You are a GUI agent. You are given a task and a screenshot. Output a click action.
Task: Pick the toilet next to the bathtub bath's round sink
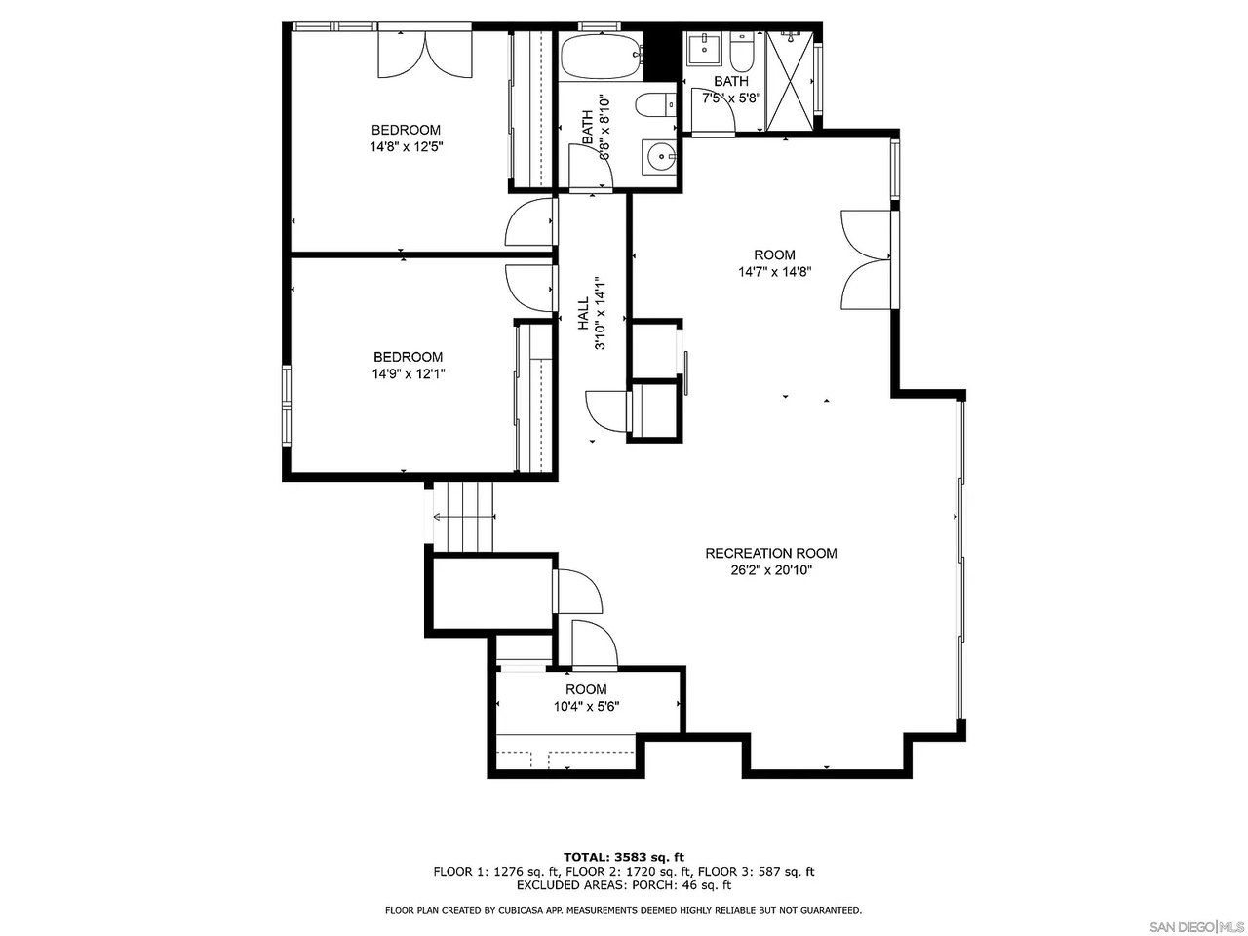click(x=656, y=103)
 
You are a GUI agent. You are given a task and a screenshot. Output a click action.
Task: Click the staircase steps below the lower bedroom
click(x=465, y=517)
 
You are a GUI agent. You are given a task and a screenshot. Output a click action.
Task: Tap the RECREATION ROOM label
click(x=770, y=553)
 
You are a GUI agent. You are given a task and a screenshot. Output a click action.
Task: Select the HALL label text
click(x=583, y=316)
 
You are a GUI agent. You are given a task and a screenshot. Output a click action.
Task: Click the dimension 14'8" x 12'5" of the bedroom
click(x=405, y=147)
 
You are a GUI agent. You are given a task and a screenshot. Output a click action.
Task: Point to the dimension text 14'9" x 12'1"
click(x=408, y=373)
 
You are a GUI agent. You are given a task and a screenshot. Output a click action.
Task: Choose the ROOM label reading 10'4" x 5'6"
click(x=586, y=689)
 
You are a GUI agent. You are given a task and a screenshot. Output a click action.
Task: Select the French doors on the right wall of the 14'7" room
click(x=866, y=259)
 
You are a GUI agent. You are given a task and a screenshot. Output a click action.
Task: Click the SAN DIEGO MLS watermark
click(x=1195, y=925)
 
